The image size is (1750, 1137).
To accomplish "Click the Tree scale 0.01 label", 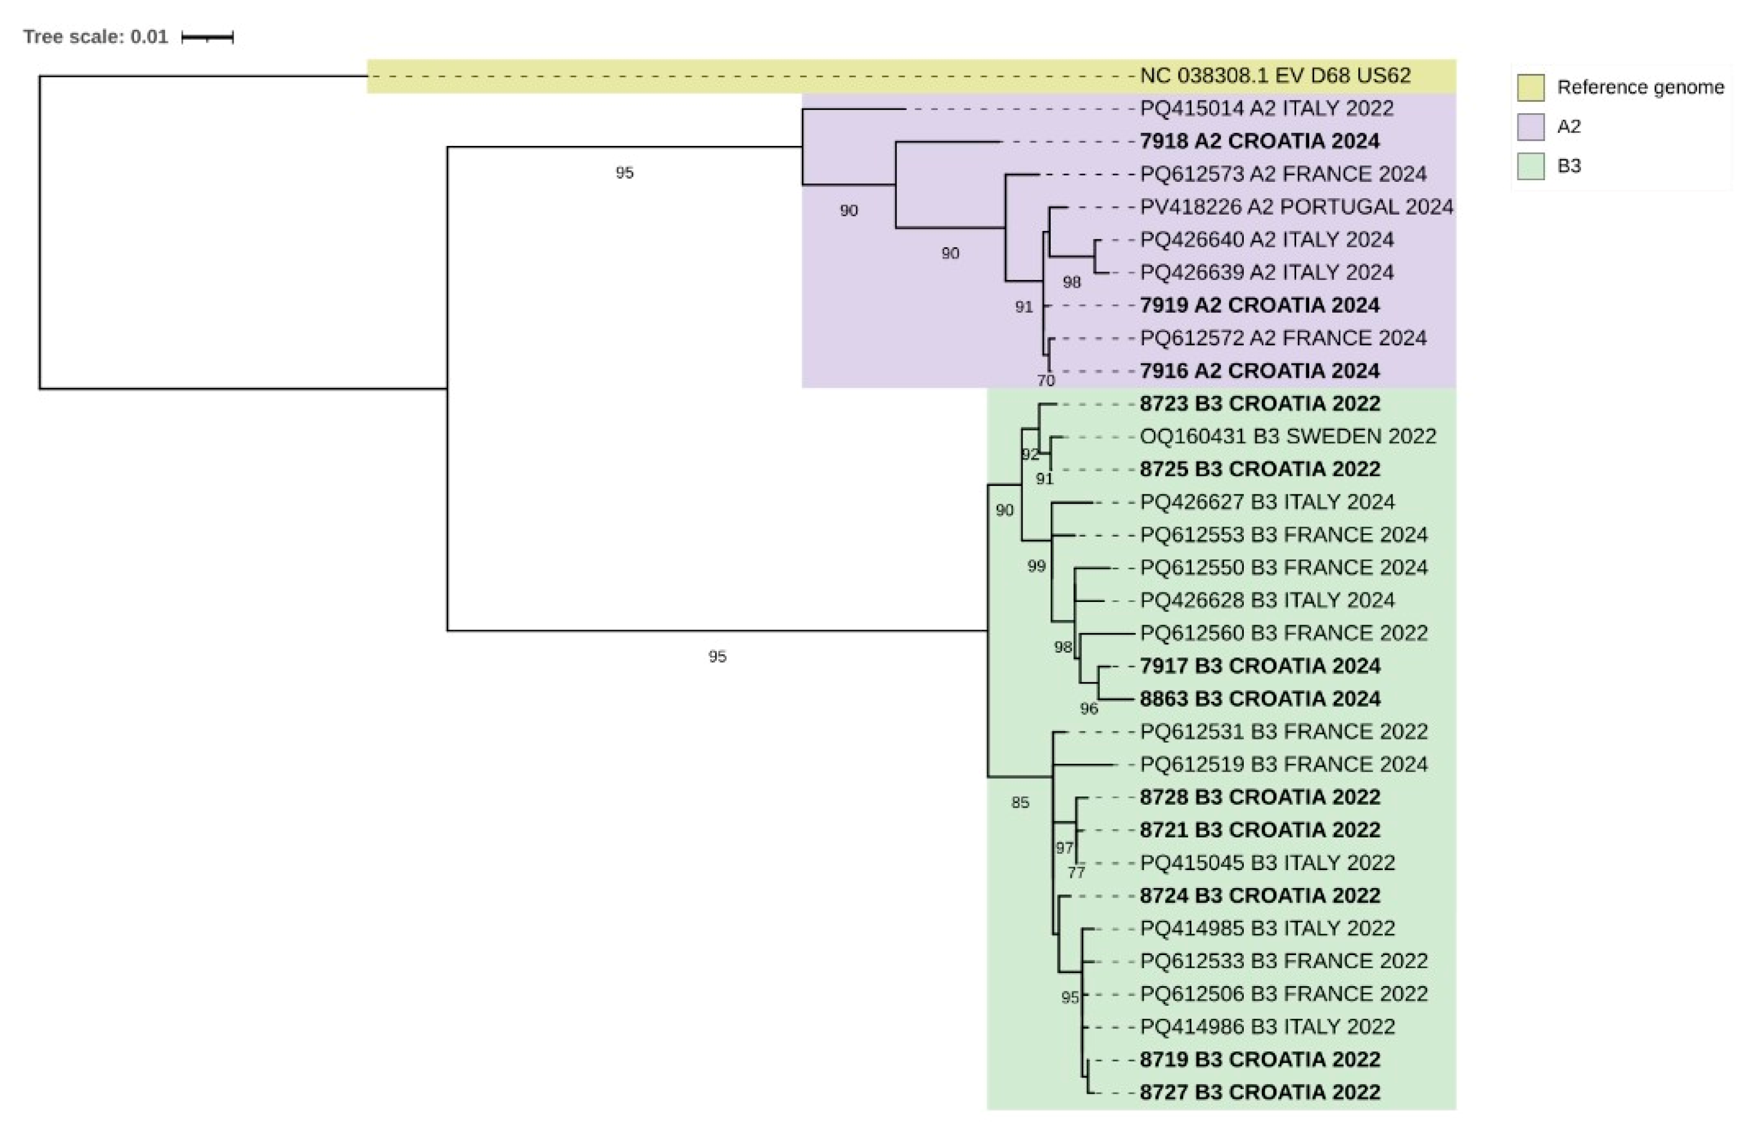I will tap(96, 37).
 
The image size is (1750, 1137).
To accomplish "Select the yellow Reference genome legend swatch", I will tap(1530, 87).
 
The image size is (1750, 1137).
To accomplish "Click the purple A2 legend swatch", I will tap(1530, 127).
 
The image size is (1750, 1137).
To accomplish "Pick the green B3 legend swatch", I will tap(1530, 166).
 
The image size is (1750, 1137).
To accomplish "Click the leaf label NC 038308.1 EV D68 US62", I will tap(1275, 76).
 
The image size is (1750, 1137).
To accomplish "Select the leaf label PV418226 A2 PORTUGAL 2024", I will tap(1296, 207).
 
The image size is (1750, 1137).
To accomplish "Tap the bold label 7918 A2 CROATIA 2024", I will tap(1260, 141).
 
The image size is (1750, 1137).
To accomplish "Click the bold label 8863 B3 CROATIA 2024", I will tap(1260, 699).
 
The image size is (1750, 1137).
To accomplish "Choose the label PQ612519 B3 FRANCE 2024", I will tap(1283, 764).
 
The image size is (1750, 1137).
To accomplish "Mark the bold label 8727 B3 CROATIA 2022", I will tap(1260, 1092).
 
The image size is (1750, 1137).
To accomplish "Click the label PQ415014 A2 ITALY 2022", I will tap(1266, 109).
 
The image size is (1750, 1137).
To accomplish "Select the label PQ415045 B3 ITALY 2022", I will tap(1267, 863).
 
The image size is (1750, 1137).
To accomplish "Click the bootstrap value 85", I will tap(1020, 802).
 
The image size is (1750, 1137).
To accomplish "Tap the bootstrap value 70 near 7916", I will tap(1046, 380).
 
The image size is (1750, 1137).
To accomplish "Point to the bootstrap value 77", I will tap(1076, 873).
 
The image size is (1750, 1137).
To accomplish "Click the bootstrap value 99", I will tap(1036, 567).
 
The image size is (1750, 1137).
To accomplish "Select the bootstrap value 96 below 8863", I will tap(1088, 709).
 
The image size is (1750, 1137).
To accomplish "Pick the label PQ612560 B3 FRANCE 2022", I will tap(1283, 633).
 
